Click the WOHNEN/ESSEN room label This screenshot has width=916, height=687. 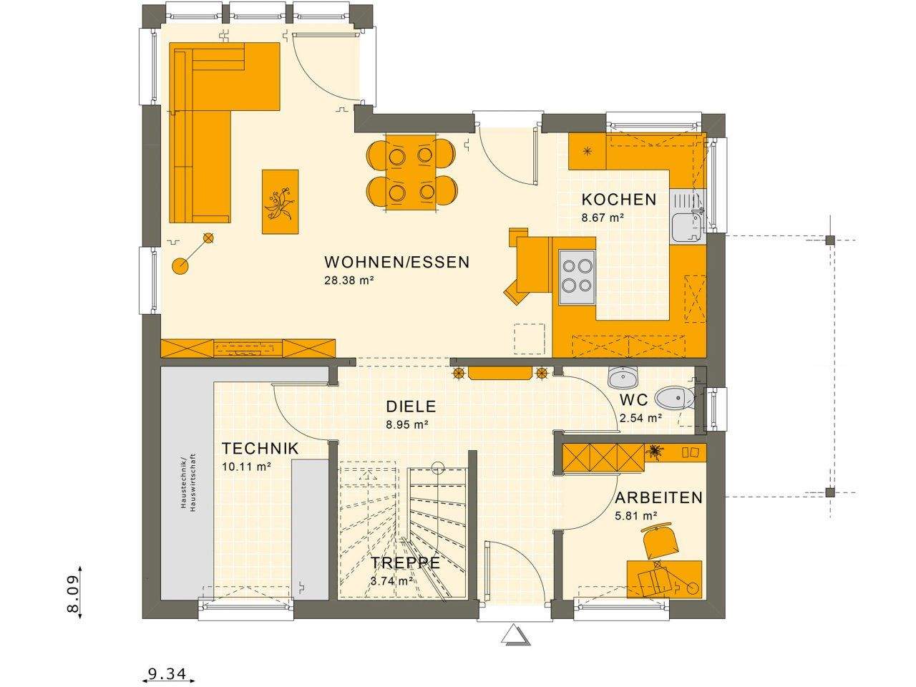(x=397, y=262)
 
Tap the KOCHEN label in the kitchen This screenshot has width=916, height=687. (x=618, y=200)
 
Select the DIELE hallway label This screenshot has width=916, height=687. (x=411, y=406)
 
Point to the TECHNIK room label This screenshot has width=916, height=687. (x=260, y=449)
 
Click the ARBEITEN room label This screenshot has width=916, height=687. (x=659, y=497)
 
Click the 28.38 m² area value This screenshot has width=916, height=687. (x=350, y=281)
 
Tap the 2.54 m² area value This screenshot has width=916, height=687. (x=640, y=419)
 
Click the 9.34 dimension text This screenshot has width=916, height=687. (x=167, y=673)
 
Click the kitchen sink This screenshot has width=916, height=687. (x=688, y=225)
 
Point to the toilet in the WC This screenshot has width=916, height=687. (x=673, y=399)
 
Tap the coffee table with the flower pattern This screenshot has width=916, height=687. (x=280, y=201)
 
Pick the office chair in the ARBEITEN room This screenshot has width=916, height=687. (x=661, y=541)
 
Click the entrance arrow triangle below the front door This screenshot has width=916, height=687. (x=514, y=635)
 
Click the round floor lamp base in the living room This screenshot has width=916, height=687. (x=180, y=267)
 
